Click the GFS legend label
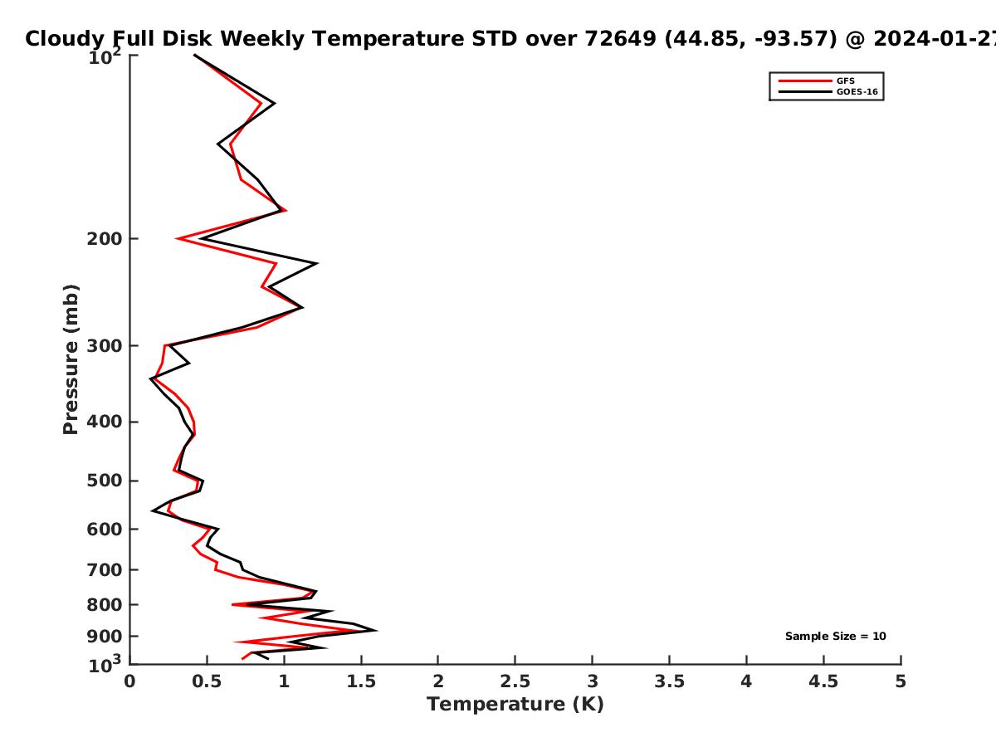(x=845, y=81)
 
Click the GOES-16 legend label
(x=857, y=92)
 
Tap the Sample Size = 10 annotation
(x=835, y=637)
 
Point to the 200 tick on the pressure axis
(x=105, y=238)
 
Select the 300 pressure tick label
(x=105, y=345)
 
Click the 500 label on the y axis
(x=105, y=481)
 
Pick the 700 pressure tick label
(x=105, y=569)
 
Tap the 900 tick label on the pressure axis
(x=105, y=637)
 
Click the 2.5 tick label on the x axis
(x=515, y=681)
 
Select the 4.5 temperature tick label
(x=823, y=681)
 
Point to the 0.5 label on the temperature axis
(x=207, y=681)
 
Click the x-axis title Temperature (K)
(x=515, y=705)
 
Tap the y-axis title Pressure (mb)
(x=71, y=359)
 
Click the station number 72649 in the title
(x=620, y=39)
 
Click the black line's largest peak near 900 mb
(x=376, y=630)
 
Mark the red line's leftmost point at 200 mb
(x=178, y=238)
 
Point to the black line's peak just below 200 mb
(x=316, y=263)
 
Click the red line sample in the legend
(x=805, y=81)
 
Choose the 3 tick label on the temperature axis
(x=592, y=681)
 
